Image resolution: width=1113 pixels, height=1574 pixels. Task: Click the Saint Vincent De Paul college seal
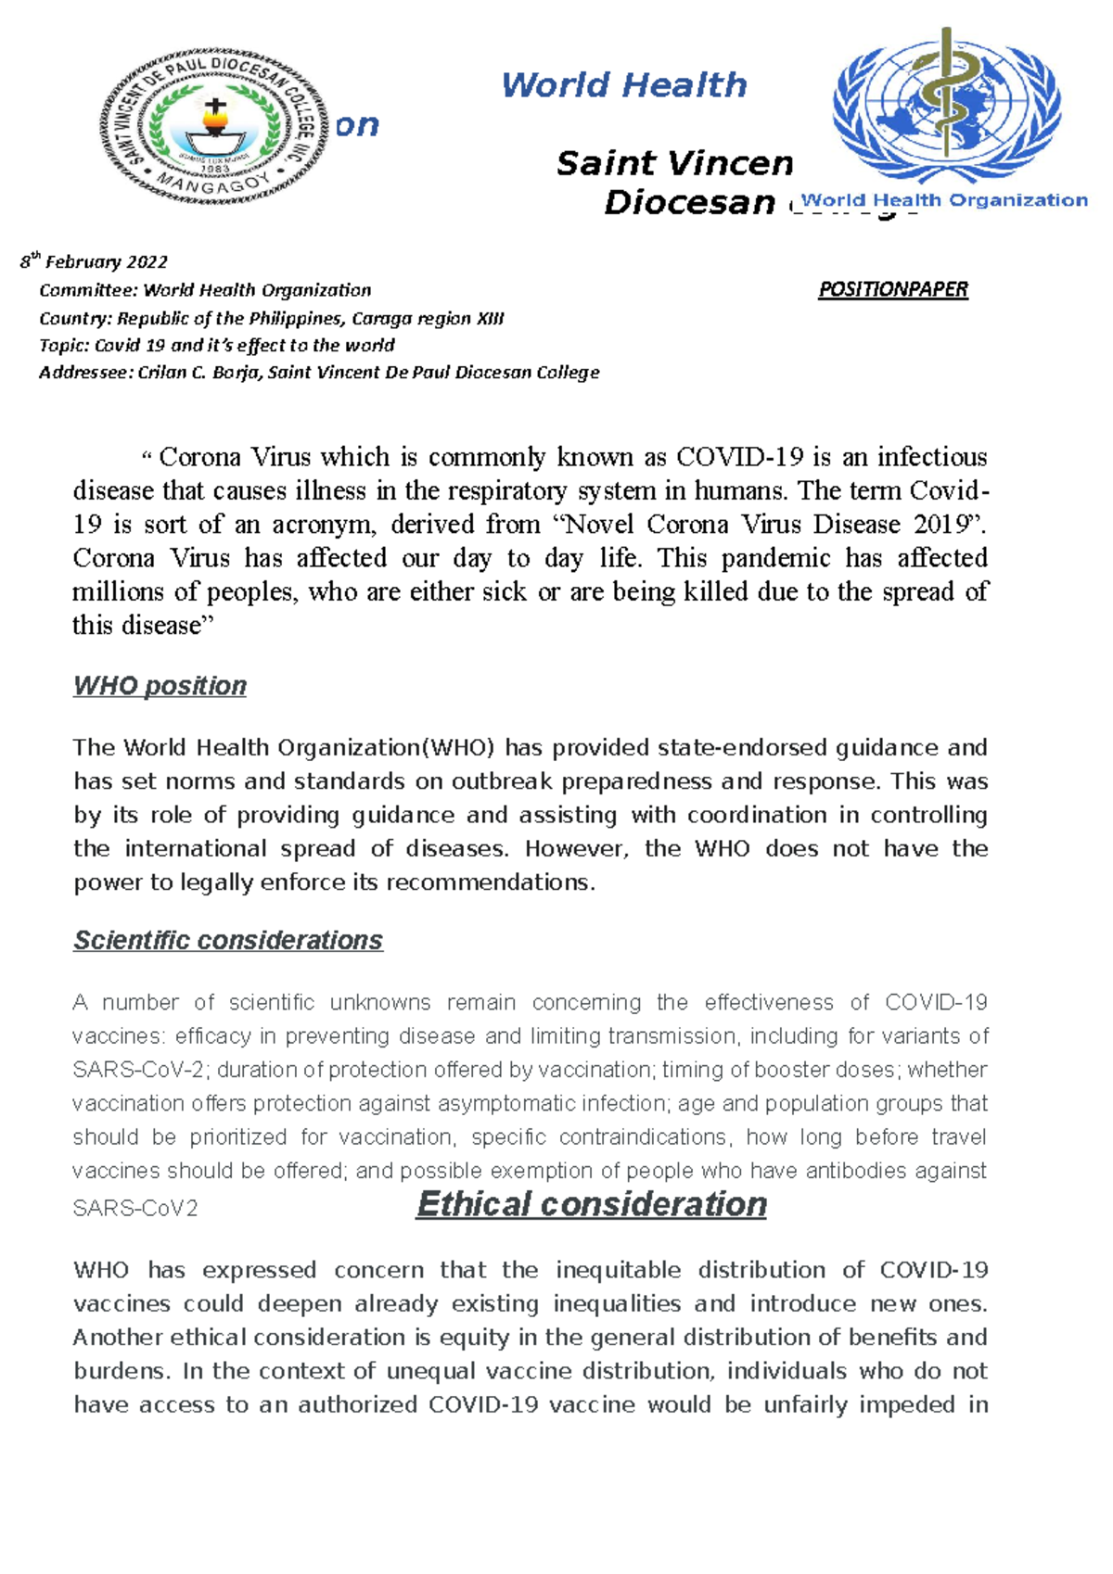point(214,125)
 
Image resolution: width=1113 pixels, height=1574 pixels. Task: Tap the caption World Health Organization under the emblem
point(944,200)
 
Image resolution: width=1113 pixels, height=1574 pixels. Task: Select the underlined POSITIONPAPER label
point(892,290)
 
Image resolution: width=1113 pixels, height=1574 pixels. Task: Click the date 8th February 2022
point(94,262)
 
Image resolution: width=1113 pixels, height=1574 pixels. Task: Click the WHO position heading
point(160,686)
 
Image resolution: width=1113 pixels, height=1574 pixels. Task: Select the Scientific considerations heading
point(228,941)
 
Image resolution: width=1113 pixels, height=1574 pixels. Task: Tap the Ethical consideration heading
point(591,1204)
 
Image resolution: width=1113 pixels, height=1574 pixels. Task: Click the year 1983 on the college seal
point(215,169)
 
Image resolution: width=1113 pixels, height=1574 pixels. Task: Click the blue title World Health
point(623,85)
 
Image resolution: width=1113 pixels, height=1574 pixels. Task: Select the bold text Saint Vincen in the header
point(674,164)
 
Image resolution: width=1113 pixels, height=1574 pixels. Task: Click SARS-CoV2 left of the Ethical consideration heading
point(135,1209)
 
